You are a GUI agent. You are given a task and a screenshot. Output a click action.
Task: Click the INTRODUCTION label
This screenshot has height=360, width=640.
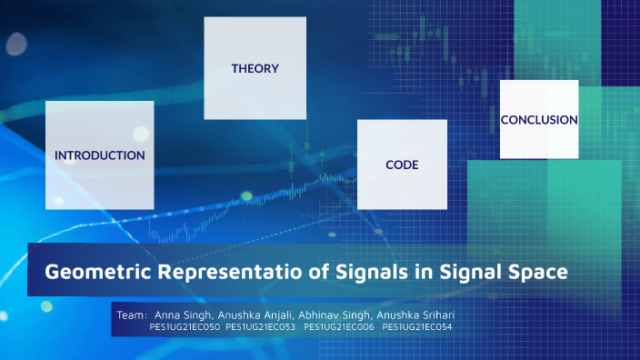(99, 155)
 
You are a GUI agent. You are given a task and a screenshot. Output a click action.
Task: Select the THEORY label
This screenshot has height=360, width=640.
(255, 68)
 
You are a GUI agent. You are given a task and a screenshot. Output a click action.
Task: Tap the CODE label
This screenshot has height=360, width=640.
(402, 165)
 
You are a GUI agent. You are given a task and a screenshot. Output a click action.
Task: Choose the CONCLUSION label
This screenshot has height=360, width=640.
(539, 119)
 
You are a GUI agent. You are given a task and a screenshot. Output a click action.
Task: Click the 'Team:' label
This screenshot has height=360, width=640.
(133, 314)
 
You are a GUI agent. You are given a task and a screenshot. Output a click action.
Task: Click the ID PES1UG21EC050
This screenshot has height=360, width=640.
(185, 326)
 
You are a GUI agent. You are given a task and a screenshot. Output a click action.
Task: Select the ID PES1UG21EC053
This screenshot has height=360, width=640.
(261, 326)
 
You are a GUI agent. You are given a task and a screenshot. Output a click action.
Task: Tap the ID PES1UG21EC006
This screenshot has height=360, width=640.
(339, 326)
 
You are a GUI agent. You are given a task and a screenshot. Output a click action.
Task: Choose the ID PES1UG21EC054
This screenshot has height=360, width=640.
(417, 326)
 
